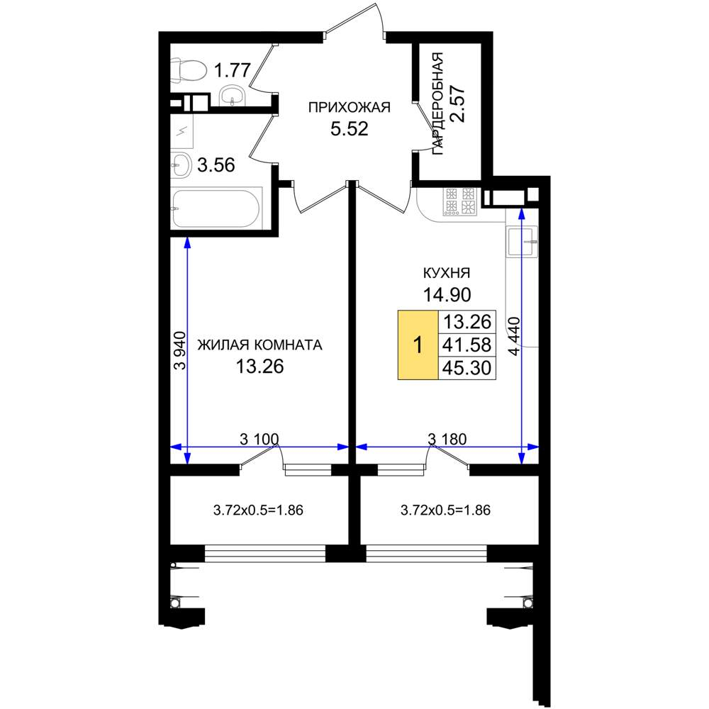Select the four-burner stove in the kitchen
click(460, 201)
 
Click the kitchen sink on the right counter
click(523, 242)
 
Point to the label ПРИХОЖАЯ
click(349, 108)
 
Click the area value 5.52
click(349, 129)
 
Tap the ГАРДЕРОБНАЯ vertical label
click(437, 104)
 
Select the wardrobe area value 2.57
click(458, 104)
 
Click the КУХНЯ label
click(446, 273)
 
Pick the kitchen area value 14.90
click(447, 295)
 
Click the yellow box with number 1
click(418, 345)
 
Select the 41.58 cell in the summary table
click(467, 345)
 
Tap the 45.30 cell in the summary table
click(467, 368)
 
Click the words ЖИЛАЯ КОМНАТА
click(260, 345)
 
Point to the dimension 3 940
click(179, 351)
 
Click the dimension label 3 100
click(259, 439)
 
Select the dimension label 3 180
click(447, 439)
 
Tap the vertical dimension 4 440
click(515, 336)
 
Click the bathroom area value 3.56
click(216, 165)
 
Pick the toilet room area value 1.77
click(232, 70)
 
